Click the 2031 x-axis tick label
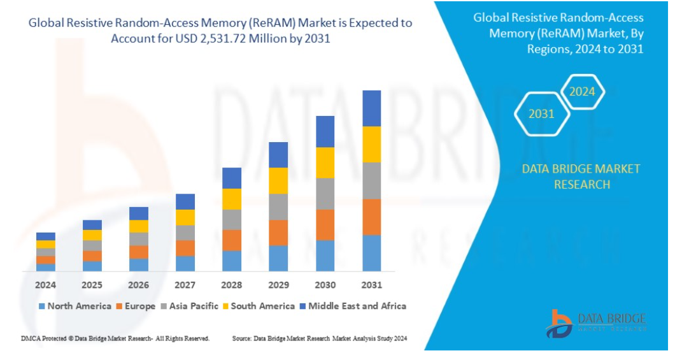371,284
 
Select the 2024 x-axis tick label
45,284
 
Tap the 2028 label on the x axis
232,284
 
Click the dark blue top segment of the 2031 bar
371,108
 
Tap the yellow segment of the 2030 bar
325,162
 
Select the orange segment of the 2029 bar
278,233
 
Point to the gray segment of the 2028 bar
232,219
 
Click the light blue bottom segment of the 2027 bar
185,263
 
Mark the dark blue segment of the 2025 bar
92,225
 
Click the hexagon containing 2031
541,114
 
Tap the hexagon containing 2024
582,92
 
